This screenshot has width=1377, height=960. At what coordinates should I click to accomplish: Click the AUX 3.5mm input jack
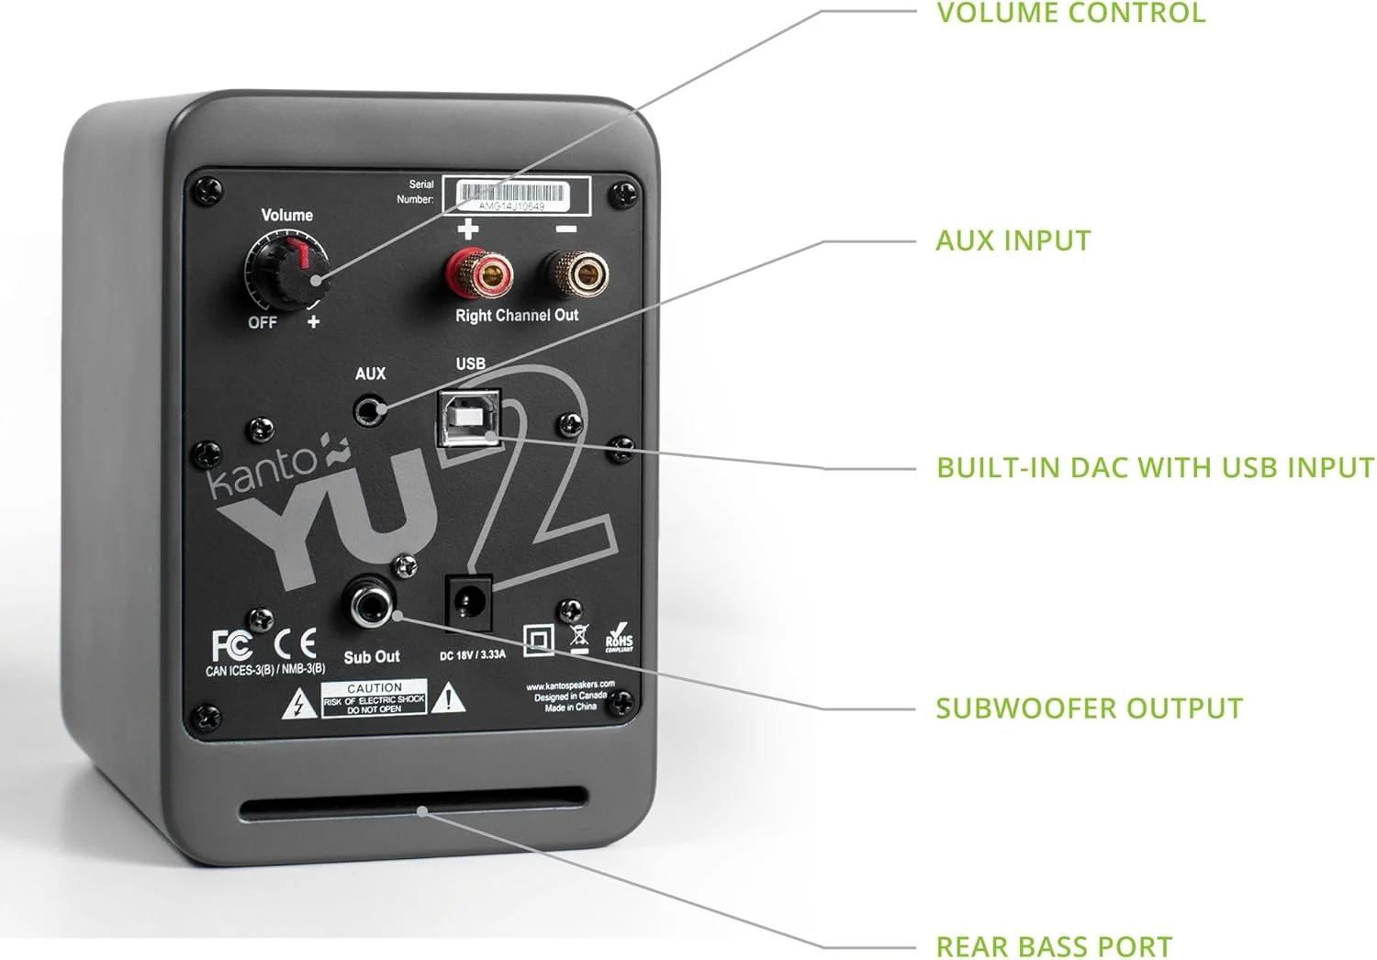(x=370, y=410)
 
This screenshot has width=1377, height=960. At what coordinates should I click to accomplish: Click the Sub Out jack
(x=370, y=603)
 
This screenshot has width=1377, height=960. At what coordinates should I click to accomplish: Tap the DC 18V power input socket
(x=469, y=604)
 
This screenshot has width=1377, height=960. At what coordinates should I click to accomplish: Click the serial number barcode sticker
(x=516, y=195)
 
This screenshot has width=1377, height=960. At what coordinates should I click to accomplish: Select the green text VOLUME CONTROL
(x=1069, y=14)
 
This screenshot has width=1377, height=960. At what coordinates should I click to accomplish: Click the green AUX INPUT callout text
(x=1013, y=241)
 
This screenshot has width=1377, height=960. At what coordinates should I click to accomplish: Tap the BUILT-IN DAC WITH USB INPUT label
(x=1154, y=468)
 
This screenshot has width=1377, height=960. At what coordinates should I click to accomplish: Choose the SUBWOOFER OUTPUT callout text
(x=1089, y=709)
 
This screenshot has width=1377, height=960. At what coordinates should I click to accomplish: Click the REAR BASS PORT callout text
(x=1053, y=946)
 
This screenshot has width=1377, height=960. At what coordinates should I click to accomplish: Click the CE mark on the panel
(x=296, y=643)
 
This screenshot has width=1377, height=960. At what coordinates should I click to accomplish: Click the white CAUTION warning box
(x=375, y=699)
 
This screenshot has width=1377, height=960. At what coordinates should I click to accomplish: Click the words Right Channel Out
(x=517, y=316)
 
